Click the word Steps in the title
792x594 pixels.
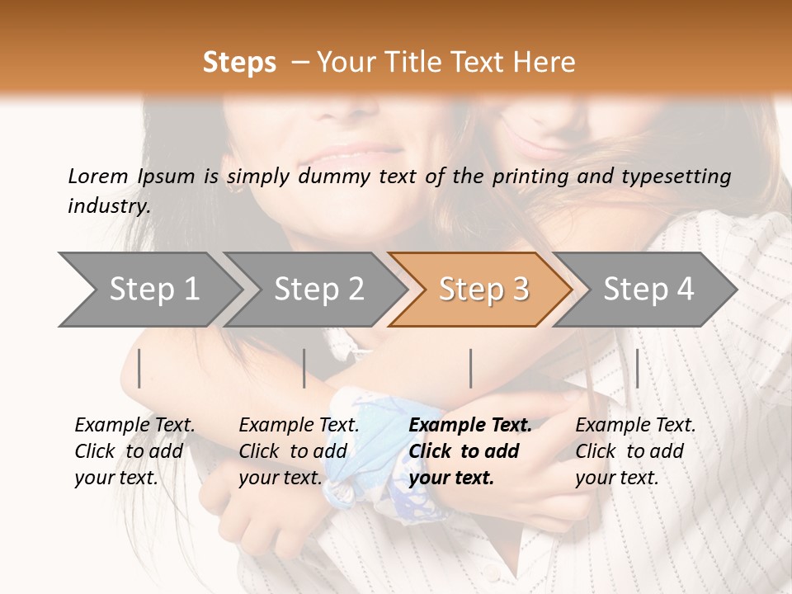coord(239,63)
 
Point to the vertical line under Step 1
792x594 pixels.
coord(139,368)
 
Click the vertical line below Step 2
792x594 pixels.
coord(304,368)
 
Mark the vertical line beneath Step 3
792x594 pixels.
coord(471,368)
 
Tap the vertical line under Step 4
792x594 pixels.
coord(637,368)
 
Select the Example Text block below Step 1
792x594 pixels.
coord(134,450)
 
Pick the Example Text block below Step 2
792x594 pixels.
coord(299,450)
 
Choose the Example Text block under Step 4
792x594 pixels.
coord(635,450)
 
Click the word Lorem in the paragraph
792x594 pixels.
coord(98,176)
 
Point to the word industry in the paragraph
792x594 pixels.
coord(108,205)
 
